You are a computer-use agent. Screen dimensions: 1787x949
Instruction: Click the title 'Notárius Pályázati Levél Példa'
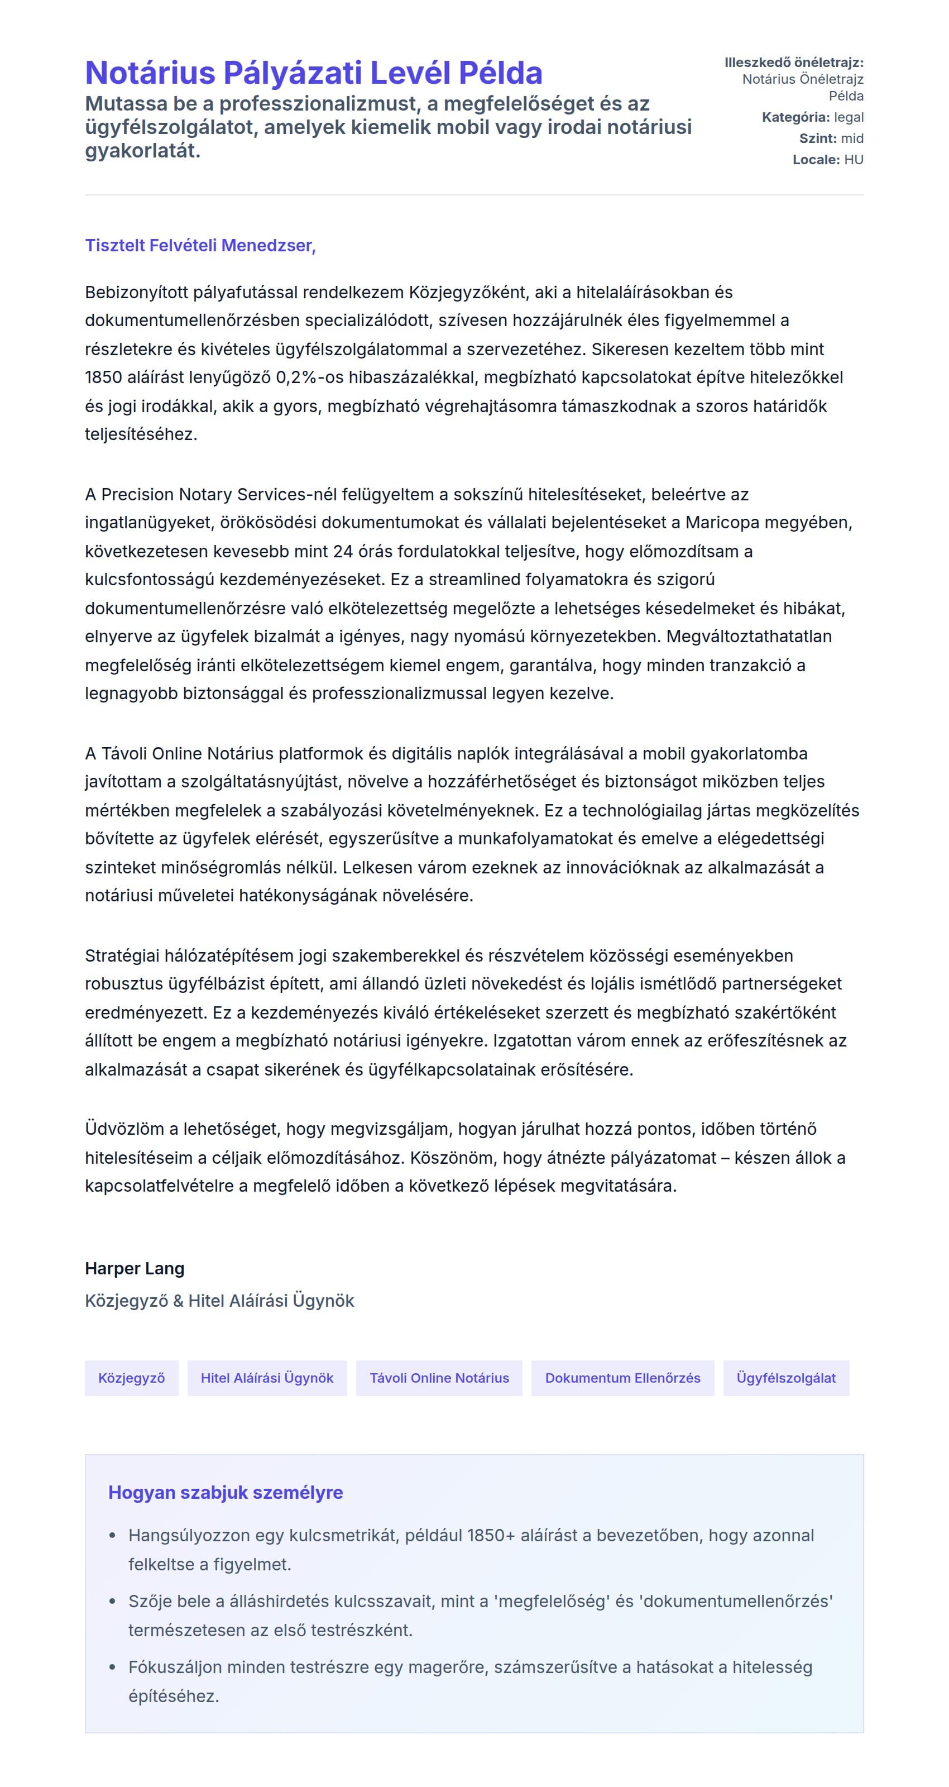(314, 73)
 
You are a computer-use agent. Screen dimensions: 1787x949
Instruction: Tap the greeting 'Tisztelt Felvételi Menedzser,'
(200, 246)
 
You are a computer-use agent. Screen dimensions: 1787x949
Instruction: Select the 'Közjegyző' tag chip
(132, 1378)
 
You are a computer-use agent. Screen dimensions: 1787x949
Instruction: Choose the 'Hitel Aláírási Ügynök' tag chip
(267, 1378)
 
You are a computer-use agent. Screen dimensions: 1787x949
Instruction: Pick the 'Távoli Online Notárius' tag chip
(439, 1378)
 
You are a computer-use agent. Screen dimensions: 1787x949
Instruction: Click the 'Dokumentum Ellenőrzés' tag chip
(622, 1378)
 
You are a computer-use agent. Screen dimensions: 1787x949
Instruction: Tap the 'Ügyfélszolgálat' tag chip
(786, 1378)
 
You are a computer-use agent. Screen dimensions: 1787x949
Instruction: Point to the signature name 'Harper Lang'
(135, 1268)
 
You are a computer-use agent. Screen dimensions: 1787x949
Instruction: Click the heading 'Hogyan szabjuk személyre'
(226, 1492)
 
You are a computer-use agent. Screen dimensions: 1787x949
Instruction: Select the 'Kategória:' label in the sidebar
(795, 117)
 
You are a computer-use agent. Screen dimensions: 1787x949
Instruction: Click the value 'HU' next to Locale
(854, 160)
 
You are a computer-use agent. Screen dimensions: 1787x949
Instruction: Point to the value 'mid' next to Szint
(852, 138)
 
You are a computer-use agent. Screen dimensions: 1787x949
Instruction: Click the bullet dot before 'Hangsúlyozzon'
(112, 1536)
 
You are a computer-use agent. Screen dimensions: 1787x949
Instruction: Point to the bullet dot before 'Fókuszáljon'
(112, 1667)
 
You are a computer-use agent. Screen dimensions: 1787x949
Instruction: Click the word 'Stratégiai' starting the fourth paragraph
(122, 955)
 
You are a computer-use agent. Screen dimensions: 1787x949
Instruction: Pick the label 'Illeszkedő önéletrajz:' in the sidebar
(794, 63)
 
